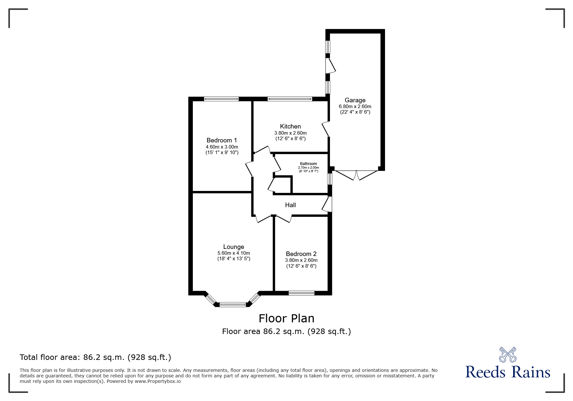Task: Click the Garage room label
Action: (x=355, y=100)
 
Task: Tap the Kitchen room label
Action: (x=290, y=127)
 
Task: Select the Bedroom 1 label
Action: (x=222, y=140)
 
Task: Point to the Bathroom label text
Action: (x=308, y=164)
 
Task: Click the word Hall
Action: (x=290, y=205)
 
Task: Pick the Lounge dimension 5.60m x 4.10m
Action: (x=234, y=253)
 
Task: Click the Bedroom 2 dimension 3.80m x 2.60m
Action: (x=301, y=260)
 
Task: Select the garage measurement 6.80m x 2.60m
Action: (x=355, y=106)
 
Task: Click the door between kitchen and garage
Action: (x=325, y=129)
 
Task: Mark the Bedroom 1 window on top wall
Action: (x=221, y=99)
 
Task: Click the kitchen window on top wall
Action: (x=290, y=99)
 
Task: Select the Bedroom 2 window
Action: (x=301, y=293)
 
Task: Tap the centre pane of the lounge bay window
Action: (x=233, y=304)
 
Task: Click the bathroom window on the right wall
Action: (x=329, y=179)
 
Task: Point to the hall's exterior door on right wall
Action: (x=327, y=204)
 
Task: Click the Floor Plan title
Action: (x=286, y=318)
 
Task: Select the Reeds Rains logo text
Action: (x=508, y=372)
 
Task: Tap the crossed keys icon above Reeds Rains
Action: (x=508, y=354)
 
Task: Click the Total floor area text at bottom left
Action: (x=95, y=357)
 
